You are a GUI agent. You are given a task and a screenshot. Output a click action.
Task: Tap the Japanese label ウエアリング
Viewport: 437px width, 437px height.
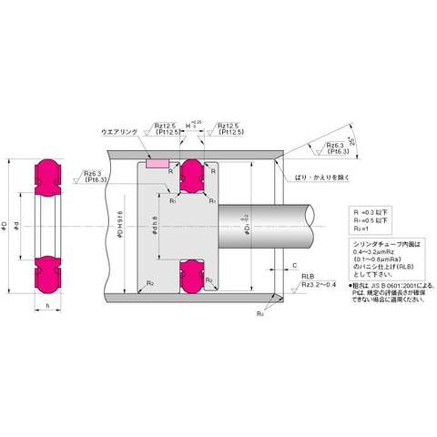point(119,133)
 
